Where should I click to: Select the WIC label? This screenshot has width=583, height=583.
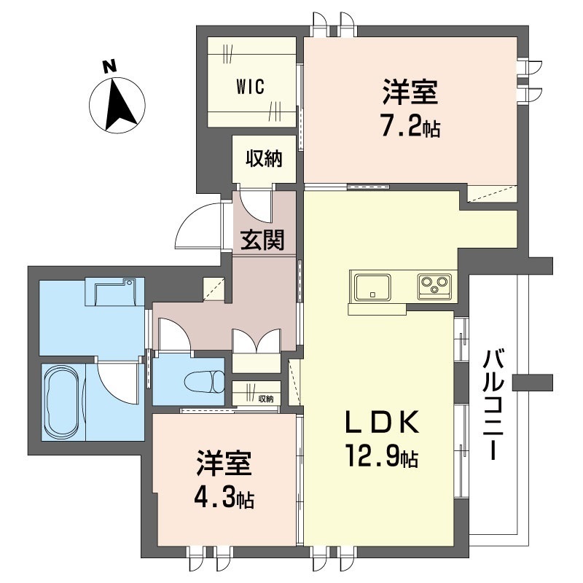pyautogui.click(x=250, y=85)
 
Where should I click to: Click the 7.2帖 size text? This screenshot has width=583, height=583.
pyautogui.click(x=410, y=128)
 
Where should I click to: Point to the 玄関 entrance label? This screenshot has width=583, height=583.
pyautogui.click(x=263, y=240)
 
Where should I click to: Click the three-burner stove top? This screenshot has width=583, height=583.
pyautogui.click(x=434, y=286)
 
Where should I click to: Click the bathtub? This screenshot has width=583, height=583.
pyautogui.click(x=63, y=402)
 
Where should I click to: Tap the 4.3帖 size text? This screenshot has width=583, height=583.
pyautogui.click(x=224, y=499)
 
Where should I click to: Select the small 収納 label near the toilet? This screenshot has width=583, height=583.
pyautogui.click(x=265, y=399)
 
